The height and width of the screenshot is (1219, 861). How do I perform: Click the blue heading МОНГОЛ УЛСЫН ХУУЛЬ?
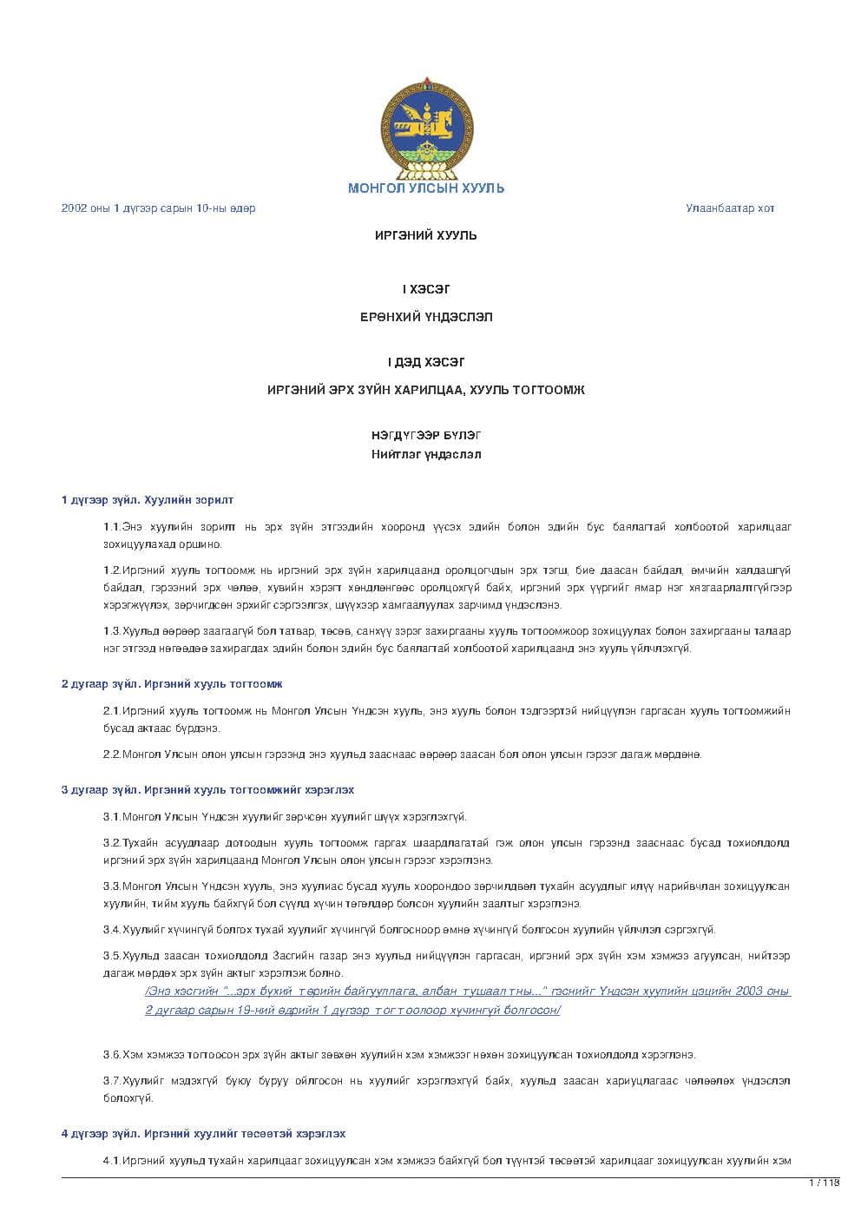coord(426,188)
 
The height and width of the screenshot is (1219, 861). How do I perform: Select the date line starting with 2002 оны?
coord(158,208)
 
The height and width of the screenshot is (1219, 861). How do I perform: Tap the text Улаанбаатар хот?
coord(730,208)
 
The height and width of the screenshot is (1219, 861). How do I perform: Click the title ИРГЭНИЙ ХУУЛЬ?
coord(426,235)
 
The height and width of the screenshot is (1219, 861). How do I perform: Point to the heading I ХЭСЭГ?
coord(426,289)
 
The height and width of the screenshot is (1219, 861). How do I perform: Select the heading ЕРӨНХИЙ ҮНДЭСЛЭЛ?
coord(426,317)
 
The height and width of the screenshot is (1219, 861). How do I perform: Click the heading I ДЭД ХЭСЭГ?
coord(426,362)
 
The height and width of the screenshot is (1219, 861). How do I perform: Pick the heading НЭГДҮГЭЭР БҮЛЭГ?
coord(426,435)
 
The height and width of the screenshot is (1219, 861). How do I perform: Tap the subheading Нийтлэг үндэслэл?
coord(426,454)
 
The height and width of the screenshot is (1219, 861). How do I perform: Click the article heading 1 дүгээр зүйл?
coord(147,500)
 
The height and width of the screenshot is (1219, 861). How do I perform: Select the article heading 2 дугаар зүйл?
coord(171,684)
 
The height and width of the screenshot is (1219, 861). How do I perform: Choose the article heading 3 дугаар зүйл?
coord(207,790)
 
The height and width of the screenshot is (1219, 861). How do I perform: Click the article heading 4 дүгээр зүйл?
coord(203,1134)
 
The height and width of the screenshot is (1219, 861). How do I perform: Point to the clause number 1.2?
coord(112,570)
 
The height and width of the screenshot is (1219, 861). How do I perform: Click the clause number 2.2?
coord(112,754)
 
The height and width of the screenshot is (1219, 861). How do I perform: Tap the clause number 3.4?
coord(112,930)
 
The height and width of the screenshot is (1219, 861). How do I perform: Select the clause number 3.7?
coord(112,1081)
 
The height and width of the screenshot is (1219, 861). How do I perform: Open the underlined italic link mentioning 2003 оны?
coord(468,1000)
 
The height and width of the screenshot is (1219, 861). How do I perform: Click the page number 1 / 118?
coord(824,1183)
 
